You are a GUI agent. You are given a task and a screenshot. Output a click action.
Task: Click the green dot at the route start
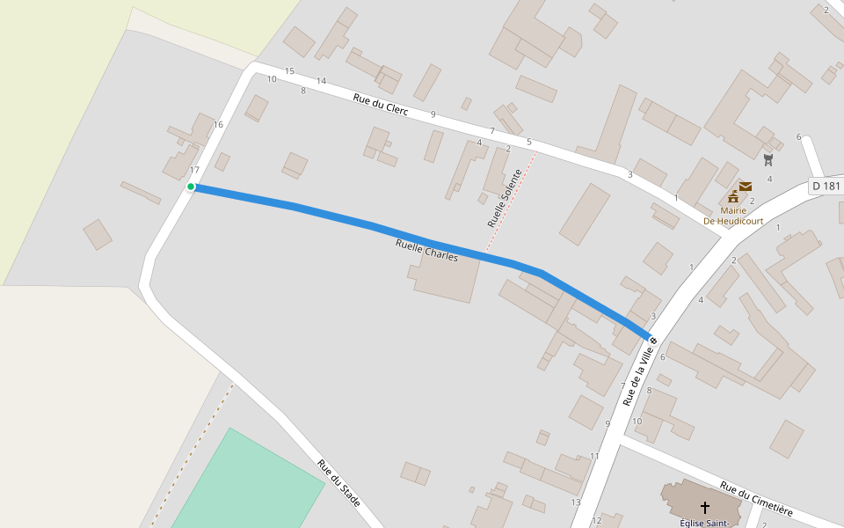191,187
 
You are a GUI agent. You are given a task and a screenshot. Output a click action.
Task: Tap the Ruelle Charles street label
427,251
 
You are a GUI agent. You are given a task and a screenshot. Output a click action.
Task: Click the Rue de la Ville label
639,374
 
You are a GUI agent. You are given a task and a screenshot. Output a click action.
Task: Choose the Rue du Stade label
339,483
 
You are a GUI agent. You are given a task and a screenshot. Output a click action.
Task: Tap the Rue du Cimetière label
756,499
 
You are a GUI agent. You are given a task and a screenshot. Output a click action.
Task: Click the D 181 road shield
826,186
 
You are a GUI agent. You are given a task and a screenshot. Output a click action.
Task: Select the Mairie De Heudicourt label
733,216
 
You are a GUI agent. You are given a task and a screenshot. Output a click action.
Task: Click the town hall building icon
733,196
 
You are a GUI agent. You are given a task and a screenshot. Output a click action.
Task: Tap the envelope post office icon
746,186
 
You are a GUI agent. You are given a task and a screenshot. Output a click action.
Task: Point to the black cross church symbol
704,508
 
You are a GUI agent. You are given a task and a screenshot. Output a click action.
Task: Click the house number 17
194,170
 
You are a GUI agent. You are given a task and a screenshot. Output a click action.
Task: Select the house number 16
218,124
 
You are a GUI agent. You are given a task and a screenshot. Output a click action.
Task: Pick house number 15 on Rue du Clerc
289,71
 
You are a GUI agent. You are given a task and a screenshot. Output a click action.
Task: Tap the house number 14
321,81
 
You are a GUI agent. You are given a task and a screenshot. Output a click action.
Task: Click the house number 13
576,502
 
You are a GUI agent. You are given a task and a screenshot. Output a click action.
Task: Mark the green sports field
246,480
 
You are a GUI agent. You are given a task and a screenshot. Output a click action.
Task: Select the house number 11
594,456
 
